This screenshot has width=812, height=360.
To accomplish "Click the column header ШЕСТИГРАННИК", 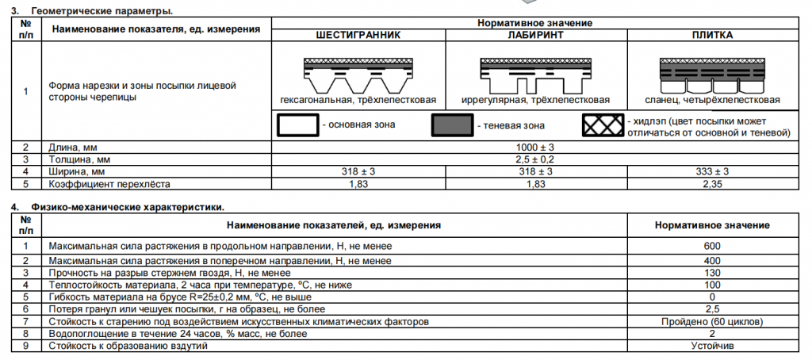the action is pos(358,36).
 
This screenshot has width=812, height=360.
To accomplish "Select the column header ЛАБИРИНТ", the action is pos(535,36).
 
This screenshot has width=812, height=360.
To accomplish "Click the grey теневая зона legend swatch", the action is pos(453,124).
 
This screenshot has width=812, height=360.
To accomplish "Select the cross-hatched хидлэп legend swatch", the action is pos(603,124).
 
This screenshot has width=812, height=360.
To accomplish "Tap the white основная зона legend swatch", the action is pos(298,124).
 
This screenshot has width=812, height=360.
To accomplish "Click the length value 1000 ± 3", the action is pos(535,147).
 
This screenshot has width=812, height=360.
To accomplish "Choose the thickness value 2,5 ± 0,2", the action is pos(535,159).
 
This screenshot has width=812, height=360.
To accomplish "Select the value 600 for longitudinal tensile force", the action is pos(712,246).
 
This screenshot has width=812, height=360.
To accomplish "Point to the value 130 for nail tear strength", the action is pos(712,273).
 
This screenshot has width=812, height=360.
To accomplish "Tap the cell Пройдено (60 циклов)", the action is pos(712,322).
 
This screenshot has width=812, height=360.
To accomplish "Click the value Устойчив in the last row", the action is pos(712,346).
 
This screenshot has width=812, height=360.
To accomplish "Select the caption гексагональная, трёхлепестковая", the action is pos(358,100).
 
